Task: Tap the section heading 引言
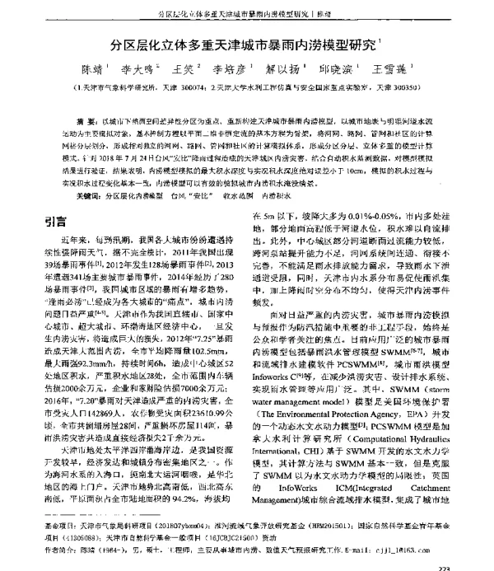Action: [x=56, y=220]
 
